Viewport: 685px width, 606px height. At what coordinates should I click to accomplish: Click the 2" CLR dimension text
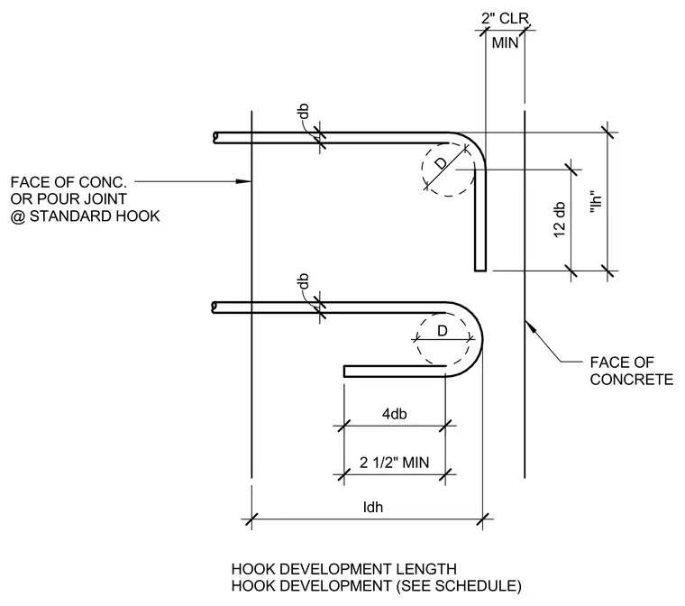[505, 18]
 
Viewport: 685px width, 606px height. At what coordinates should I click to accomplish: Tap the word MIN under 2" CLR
[505, 43]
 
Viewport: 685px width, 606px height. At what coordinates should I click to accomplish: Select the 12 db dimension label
[560, 220]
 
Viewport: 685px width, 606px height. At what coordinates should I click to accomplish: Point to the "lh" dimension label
[596, 203]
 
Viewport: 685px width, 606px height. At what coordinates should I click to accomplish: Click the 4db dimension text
[395, 414]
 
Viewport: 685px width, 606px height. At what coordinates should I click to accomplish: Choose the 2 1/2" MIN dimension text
[395, 463]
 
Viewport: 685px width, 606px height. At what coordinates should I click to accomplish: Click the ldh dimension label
[373, 507]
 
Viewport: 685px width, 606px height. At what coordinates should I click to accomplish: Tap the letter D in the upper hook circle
[442, 163]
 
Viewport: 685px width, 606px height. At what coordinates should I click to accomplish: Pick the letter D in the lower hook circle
[443, 331]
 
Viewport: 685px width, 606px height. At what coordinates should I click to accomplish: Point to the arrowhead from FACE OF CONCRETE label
[529, 326]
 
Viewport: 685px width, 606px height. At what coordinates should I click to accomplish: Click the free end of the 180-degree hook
[344, 372]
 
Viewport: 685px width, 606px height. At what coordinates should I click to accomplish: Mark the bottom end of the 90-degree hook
[480, 271]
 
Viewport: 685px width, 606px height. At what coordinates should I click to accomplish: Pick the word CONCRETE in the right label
[632, 379]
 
